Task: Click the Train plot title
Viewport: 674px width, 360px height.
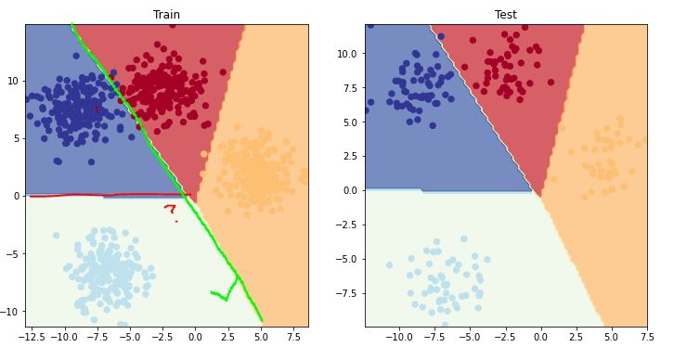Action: (167, 15)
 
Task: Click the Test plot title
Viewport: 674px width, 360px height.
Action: (506, 15)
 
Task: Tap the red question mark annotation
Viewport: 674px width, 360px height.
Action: (170, 210)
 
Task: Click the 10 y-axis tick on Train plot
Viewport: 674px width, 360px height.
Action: (13, 81)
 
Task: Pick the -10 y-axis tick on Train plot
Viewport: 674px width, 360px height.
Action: (10, 311)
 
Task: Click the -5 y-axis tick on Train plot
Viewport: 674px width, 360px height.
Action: (13, 253)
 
